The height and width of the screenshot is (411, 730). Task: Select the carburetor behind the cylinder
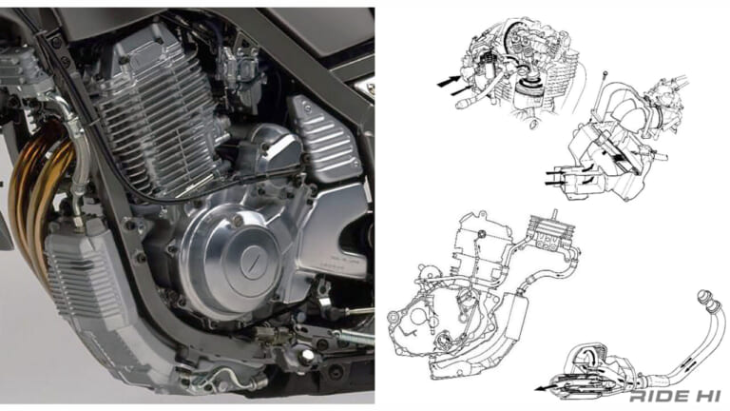[x=238, y=74]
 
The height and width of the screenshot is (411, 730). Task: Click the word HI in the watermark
[x=706, y=397]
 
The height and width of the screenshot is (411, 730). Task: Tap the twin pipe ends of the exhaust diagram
[x=709, y=301]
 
